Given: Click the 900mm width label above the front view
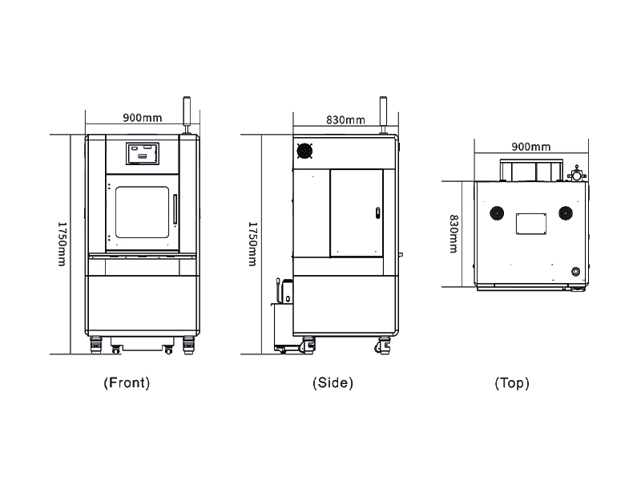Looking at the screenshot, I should tap(142, 118).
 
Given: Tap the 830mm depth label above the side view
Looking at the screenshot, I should tap(345, 120).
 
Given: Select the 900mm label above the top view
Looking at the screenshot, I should tap(531, 147).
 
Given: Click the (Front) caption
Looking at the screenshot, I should tap(127, 382).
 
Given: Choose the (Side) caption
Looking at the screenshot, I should tap(333, 382).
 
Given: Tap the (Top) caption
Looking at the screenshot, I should tap(512, 383).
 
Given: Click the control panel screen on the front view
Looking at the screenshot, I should tap(142, 152).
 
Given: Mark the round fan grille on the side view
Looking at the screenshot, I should tap(304, 151).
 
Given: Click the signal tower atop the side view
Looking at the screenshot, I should tap(384, 114).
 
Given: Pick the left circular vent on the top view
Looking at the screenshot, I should tap(497, 212).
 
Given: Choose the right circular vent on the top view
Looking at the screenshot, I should tap(566, 212).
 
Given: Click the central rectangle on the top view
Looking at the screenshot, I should tap(530, 224).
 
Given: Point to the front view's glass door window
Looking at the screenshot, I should tap(142, 212).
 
